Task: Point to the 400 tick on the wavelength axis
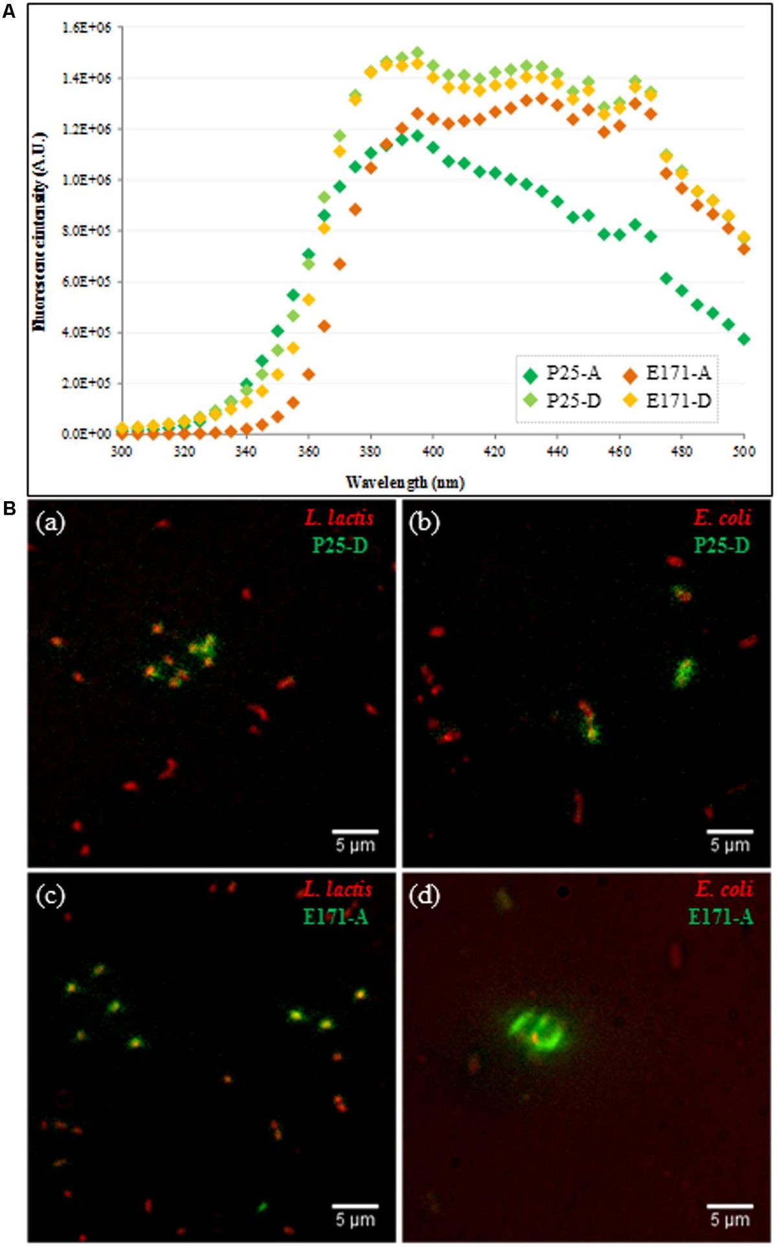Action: (x=433, y=451)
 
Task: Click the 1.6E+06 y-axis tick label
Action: (x=87, y=27)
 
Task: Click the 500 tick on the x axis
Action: (x=744, y=451)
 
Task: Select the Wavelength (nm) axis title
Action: (x=405, y=482)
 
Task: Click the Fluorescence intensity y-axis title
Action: (x=40, y=231)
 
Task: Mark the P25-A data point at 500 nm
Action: (x=744, y=339)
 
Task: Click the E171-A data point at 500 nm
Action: (x=744, y=249)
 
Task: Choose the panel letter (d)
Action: (x=425, y=896)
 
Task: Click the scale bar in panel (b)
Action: (x=730, y=831)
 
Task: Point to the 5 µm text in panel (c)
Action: (x=355, y=1219)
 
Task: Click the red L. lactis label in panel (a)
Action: (x=339, y=518)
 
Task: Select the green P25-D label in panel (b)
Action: (x=721, y=546)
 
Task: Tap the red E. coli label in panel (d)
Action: (x=724, y=890)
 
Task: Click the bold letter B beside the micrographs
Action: (x=10, y=509)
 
